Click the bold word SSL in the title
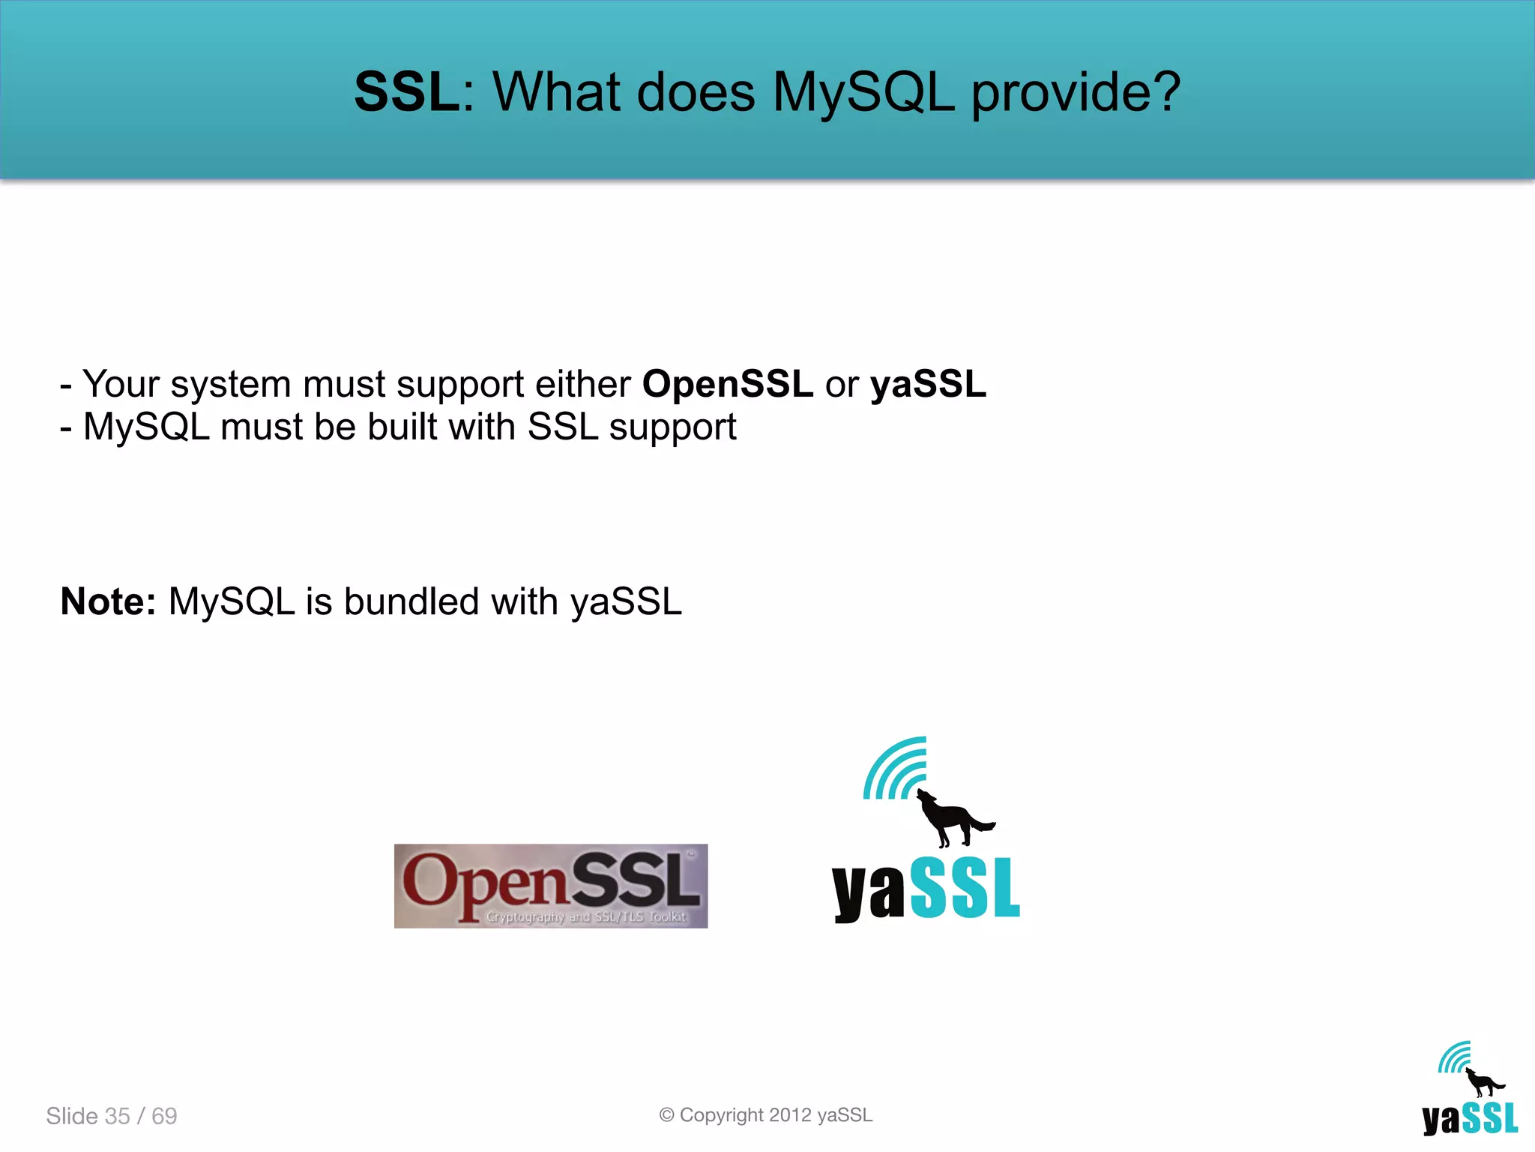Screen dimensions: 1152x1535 point(407,92)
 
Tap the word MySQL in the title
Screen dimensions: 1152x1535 point(863,92)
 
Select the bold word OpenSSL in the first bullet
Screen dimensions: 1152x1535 point(727,384)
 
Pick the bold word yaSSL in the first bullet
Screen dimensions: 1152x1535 point(928,384)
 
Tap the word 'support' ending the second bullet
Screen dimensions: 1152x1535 point(672,428)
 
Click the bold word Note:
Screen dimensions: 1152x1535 point(108,601)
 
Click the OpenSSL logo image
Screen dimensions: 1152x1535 point(551,886)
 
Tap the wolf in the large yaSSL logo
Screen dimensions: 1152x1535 point(950,819)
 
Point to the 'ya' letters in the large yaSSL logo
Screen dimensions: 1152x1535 point(868,892)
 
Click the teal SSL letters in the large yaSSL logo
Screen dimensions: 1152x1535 point(965,889)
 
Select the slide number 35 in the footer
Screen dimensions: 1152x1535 point(118,1116)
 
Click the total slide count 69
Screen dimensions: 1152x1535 point(164,1116)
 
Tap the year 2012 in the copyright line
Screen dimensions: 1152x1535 point(790,1115)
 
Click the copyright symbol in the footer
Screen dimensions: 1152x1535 point(666,1115)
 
